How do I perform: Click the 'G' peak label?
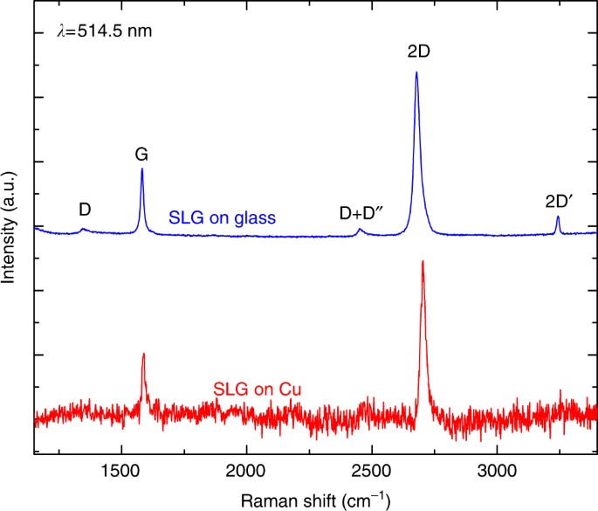pos(141,155)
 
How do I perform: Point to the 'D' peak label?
pos(85,210)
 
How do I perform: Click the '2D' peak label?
pos(418,52)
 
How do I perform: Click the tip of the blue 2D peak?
pos(416,73)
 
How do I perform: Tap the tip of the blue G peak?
pos(142,169)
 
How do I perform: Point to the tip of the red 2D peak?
pos(423,261)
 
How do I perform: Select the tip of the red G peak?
pos(143,354)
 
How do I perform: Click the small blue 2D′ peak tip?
pos(558,217)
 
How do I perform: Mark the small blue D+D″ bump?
pos(360,231)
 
